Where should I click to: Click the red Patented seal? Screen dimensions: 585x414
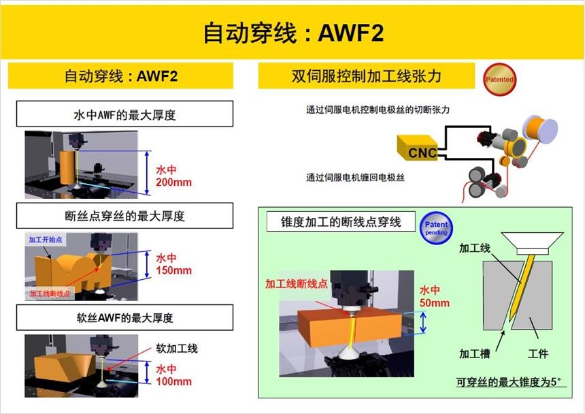pyautogui.click(x=499, y=79)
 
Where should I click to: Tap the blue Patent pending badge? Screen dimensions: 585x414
pyautogui.click(x=436, y=228)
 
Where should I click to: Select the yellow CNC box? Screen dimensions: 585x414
pyautogui.click(x=418, y=148)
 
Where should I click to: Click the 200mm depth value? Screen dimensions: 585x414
pyautogui.click(x=174, y=182)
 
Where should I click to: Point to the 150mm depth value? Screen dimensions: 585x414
pyautogui.click(x=174, y=270)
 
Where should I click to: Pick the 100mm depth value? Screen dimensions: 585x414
pyautogui.click(x=174, y=381)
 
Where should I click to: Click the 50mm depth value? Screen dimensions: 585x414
pyautogui.click(x=434, y=303)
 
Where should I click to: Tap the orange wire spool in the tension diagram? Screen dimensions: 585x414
pyautogui.click(x=540, y=129)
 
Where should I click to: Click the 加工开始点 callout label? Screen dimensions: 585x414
pyautogui.click(x=46, y=240)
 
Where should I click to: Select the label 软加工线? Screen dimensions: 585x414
pyautogui.click(x=177, y=349)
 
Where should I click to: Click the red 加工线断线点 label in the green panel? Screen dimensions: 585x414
pyautogui.click(x=296, y=284)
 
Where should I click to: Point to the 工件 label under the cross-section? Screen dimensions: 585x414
pyautogui.click(x=538, y=353)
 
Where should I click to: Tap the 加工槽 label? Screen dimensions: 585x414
pyautogui.click(x=474, y=353)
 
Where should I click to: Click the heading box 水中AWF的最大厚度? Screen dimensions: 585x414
pyautogui.click(x=124, y=114)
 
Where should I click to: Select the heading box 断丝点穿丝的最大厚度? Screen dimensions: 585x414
pyautogui.click(x=124, y=216)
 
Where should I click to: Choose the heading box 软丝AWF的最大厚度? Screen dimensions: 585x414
pyautogui.click(x=124, y=318)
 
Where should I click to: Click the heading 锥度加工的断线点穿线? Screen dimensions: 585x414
pyautogui.click(x=341, y=222)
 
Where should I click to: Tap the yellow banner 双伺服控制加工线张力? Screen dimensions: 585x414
pyautogui.click(x=367, y=76)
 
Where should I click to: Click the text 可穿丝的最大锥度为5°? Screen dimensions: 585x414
pyautogui.click(x=509, y=382)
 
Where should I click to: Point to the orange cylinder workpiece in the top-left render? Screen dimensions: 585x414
pyautogui.click(x=67, y=168)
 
